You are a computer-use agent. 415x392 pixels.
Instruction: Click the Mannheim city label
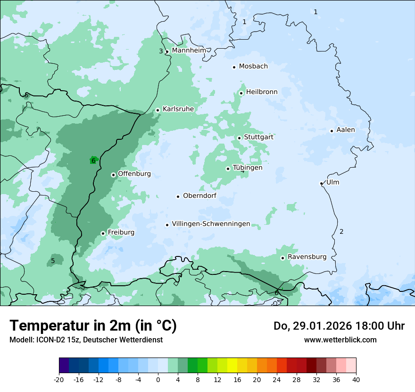[x=189, y=50]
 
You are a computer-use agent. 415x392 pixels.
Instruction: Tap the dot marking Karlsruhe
[x=158, y=110]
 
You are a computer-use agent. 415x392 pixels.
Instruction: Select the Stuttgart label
[x=258, y=137]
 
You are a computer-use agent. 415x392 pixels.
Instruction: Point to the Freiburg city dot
[x=103, y=233]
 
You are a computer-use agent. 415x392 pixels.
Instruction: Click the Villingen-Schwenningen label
[x=211, y=224]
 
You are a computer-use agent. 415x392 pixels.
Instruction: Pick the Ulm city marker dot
[x=322, y=183]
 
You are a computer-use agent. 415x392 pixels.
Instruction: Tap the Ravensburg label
[x=307, y=257]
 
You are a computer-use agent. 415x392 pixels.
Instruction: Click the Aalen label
[x=345, y=130]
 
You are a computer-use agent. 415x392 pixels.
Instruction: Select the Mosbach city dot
[x=234, y=67]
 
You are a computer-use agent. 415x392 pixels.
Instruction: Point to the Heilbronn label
[x=262, y=92]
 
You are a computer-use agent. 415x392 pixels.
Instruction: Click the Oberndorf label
[x=199, y=196]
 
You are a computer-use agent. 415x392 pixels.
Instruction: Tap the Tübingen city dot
[x=228, y=169]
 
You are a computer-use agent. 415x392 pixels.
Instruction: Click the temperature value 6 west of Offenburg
[x=93, y=161]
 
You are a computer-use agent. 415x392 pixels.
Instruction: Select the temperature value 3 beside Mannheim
[x=161, y=51]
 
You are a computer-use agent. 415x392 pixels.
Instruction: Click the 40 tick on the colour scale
[x=356, y=379]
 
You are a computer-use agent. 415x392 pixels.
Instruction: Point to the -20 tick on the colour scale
[x=59, y=379]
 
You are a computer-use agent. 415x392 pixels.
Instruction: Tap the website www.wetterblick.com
[x=340, y=340]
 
